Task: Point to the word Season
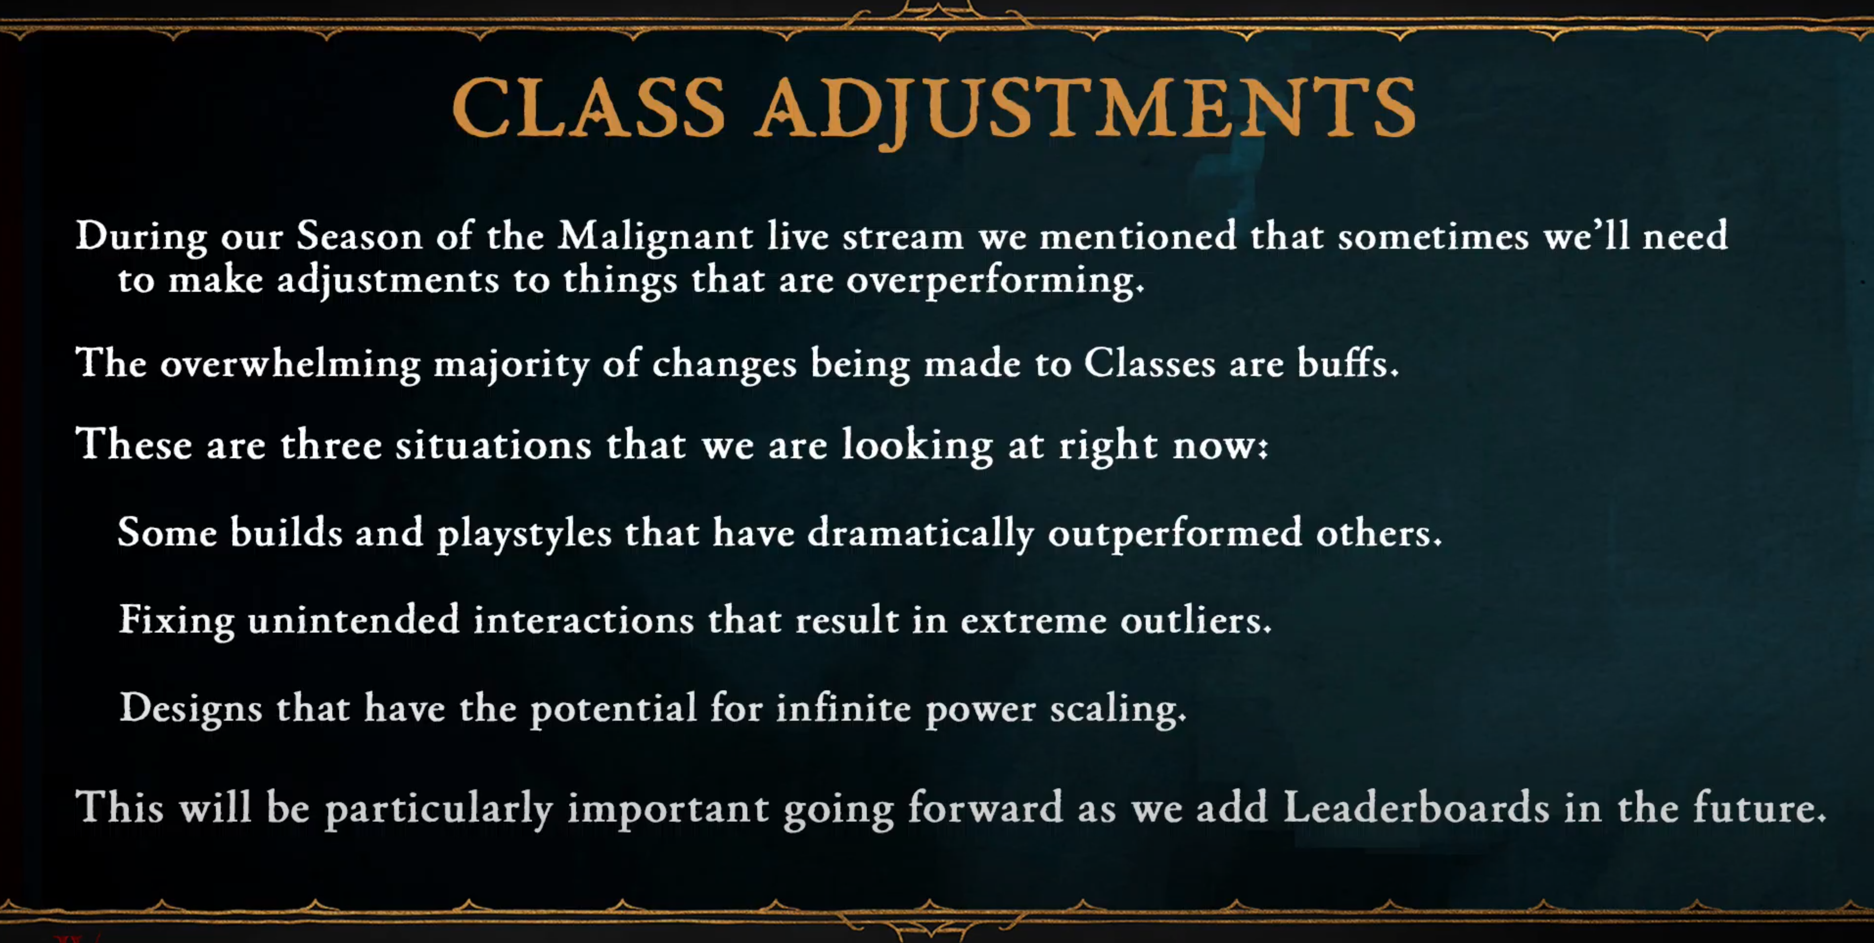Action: (359, 236)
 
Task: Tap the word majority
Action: (511, 364)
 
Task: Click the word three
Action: (332, 444)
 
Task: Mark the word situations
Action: (494, 444)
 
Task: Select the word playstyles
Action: (525, 533)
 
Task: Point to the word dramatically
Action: (921, 533)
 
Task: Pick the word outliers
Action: (1196, 619)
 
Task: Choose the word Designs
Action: (190, 708)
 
